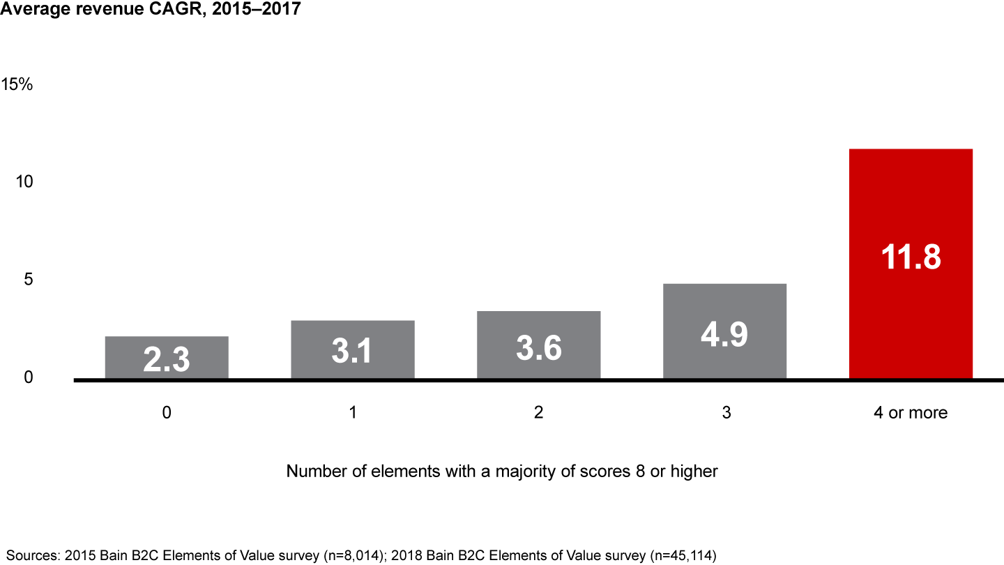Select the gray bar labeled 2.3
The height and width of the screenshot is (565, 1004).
(x=167, y=358)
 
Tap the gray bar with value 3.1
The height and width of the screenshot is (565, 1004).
(x=353, y=349)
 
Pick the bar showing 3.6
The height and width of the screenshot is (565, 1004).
(x=538, y=345)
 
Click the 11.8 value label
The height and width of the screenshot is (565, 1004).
(x=910, y=256)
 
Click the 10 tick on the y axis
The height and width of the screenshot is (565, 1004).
(x=24, y=181)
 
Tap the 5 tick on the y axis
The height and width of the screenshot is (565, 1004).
(x=28, y=279)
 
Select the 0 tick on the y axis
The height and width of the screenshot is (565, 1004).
(x=28, y=377)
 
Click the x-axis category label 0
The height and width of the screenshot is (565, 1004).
(x=167, y=412)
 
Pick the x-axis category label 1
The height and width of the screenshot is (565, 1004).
(x=353, y=412)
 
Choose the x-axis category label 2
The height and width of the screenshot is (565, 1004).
(x=538, y=412)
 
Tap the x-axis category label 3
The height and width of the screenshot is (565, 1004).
(x=725, y=412)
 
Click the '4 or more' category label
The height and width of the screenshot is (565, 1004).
(x=910, y=412)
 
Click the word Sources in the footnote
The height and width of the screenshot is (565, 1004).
(x=30, y=555)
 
